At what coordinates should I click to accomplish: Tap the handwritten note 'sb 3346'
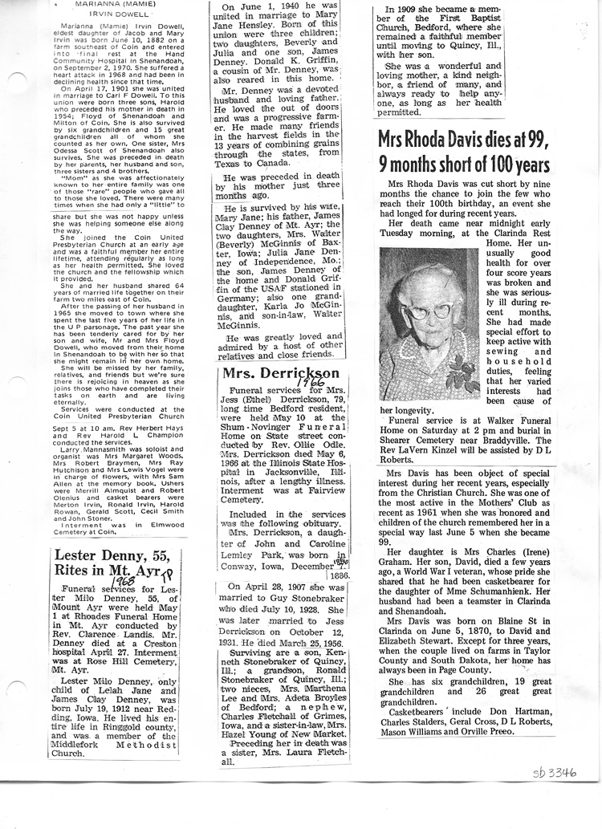pos(555,774)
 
